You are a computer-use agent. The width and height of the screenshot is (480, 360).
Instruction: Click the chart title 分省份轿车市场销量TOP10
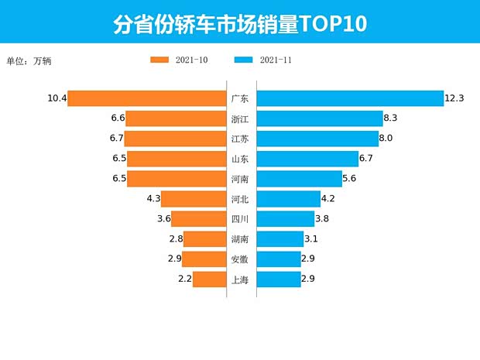240,23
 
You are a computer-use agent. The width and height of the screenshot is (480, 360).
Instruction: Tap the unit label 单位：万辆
29,60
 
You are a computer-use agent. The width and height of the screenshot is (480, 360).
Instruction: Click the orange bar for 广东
147,98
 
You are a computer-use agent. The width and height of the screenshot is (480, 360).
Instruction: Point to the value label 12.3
454,98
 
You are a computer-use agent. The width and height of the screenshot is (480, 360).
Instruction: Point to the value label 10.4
57,98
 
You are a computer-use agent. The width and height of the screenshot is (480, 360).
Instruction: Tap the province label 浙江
240,118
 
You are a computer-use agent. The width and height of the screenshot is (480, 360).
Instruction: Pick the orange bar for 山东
176,159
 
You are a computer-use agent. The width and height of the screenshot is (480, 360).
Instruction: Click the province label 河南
240,179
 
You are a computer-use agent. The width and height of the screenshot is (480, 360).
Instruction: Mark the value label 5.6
352,179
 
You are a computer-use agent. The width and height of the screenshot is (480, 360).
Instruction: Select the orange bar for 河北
194,199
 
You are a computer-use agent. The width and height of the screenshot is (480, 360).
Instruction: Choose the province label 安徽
240,259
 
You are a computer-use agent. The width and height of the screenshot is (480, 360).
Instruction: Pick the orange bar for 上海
209,279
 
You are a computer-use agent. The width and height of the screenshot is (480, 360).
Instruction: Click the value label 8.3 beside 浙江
391,118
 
